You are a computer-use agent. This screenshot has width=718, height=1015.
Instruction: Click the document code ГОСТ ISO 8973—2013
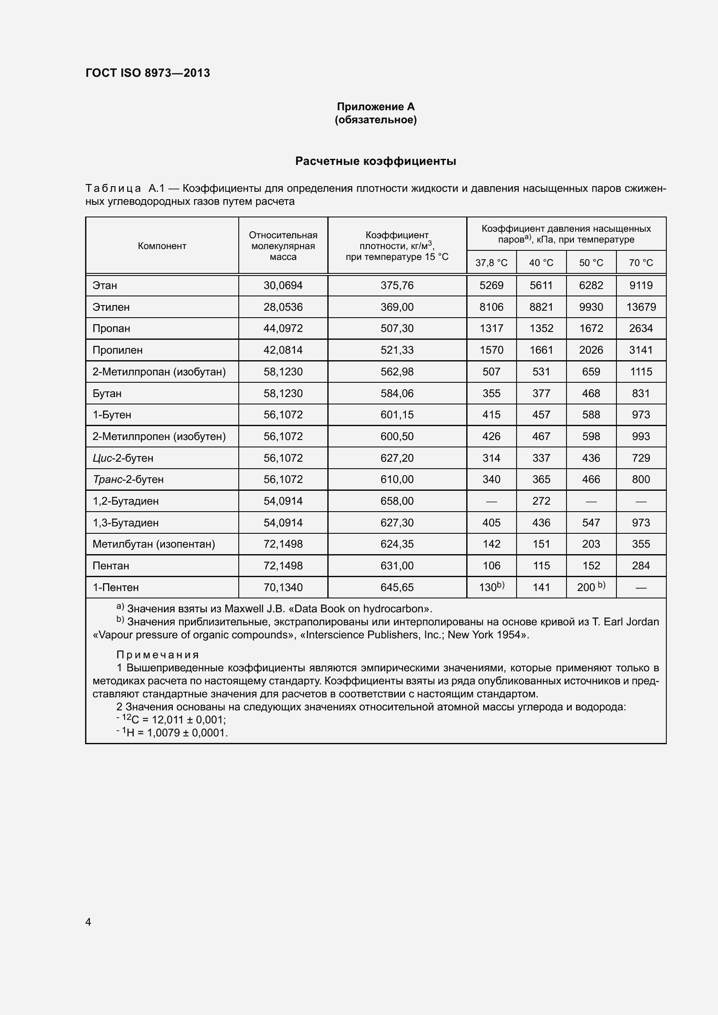tap(148, 73)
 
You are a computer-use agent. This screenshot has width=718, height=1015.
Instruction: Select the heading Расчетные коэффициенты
tap(375, 161)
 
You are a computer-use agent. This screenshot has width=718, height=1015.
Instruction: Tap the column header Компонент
tap(162, 246)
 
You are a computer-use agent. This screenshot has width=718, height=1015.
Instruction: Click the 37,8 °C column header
tap(491, 263)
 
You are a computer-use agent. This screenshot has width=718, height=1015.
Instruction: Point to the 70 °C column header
tap(641, 263)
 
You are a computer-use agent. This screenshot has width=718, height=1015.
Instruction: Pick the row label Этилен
tap(111, 307)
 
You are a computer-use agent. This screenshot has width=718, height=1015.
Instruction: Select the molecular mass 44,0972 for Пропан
tap(283, 328)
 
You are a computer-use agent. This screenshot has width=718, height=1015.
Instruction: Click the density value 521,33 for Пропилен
tap(397, 350)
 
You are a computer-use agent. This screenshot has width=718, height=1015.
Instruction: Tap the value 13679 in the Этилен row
tap(641, 307)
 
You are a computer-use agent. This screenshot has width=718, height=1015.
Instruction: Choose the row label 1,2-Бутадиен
tap(125, 501)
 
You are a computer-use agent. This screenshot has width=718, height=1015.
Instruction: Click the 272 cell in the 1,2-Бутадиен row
tap(541, 501)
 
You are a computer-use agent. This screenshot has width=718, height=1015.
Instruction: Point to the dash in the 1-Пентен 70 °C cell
tap(641, 588)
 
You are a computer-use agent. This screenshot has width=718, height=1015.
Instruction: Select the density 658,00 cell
tap(397, 501)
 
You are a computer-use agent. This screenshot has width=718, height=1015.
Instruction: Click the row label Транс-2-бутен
tap(128, 479)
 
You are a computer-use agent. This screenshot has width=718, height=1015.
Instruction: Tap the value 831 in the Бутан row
tap(641, 394)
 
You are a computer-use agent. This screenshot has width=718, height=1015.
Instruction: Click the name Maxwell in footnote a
tap(244, 609)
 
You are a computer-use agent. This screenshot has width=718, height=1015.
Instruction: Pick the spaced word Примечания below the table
tap(158, 655)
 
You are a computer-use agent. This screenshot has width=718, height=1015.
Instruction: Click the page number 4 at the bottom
tap(89, 922)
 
